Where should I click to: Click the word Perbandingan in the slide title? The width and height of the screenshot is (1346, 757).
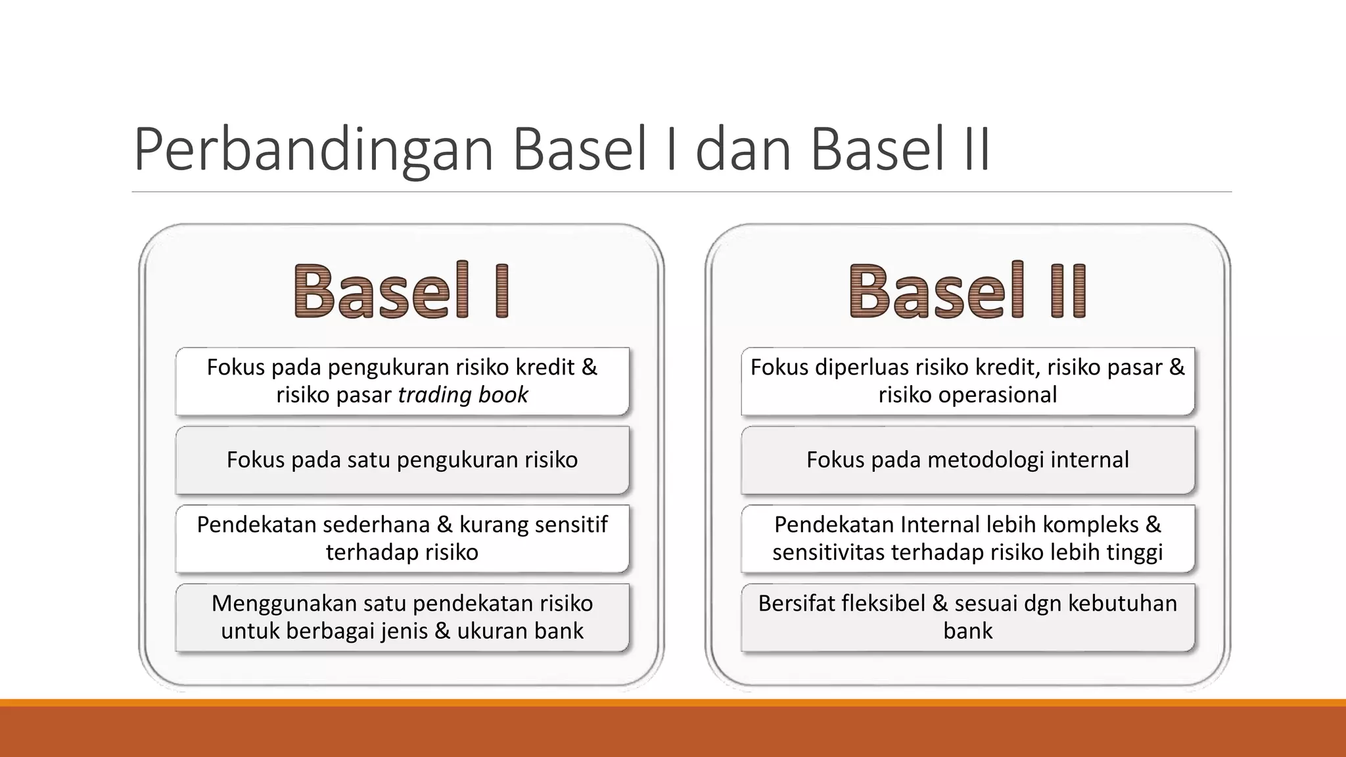[313, 150]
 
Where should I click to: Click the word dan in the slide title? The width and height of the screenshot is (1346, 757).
[743, 150]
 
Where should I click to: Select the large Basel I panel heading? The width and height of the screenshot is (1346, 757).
[402, 290]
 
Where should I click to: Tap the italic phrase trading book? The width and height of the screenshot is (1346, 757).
[463, 395]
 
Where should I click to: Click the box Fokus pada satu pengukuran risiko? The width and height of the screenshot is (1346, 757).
[402, 460]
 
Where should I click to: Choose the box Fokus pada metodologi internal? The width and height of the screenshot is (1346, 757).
[967, 460]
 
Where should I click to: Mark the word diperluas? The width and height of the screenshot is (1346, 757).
[858, 367]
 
